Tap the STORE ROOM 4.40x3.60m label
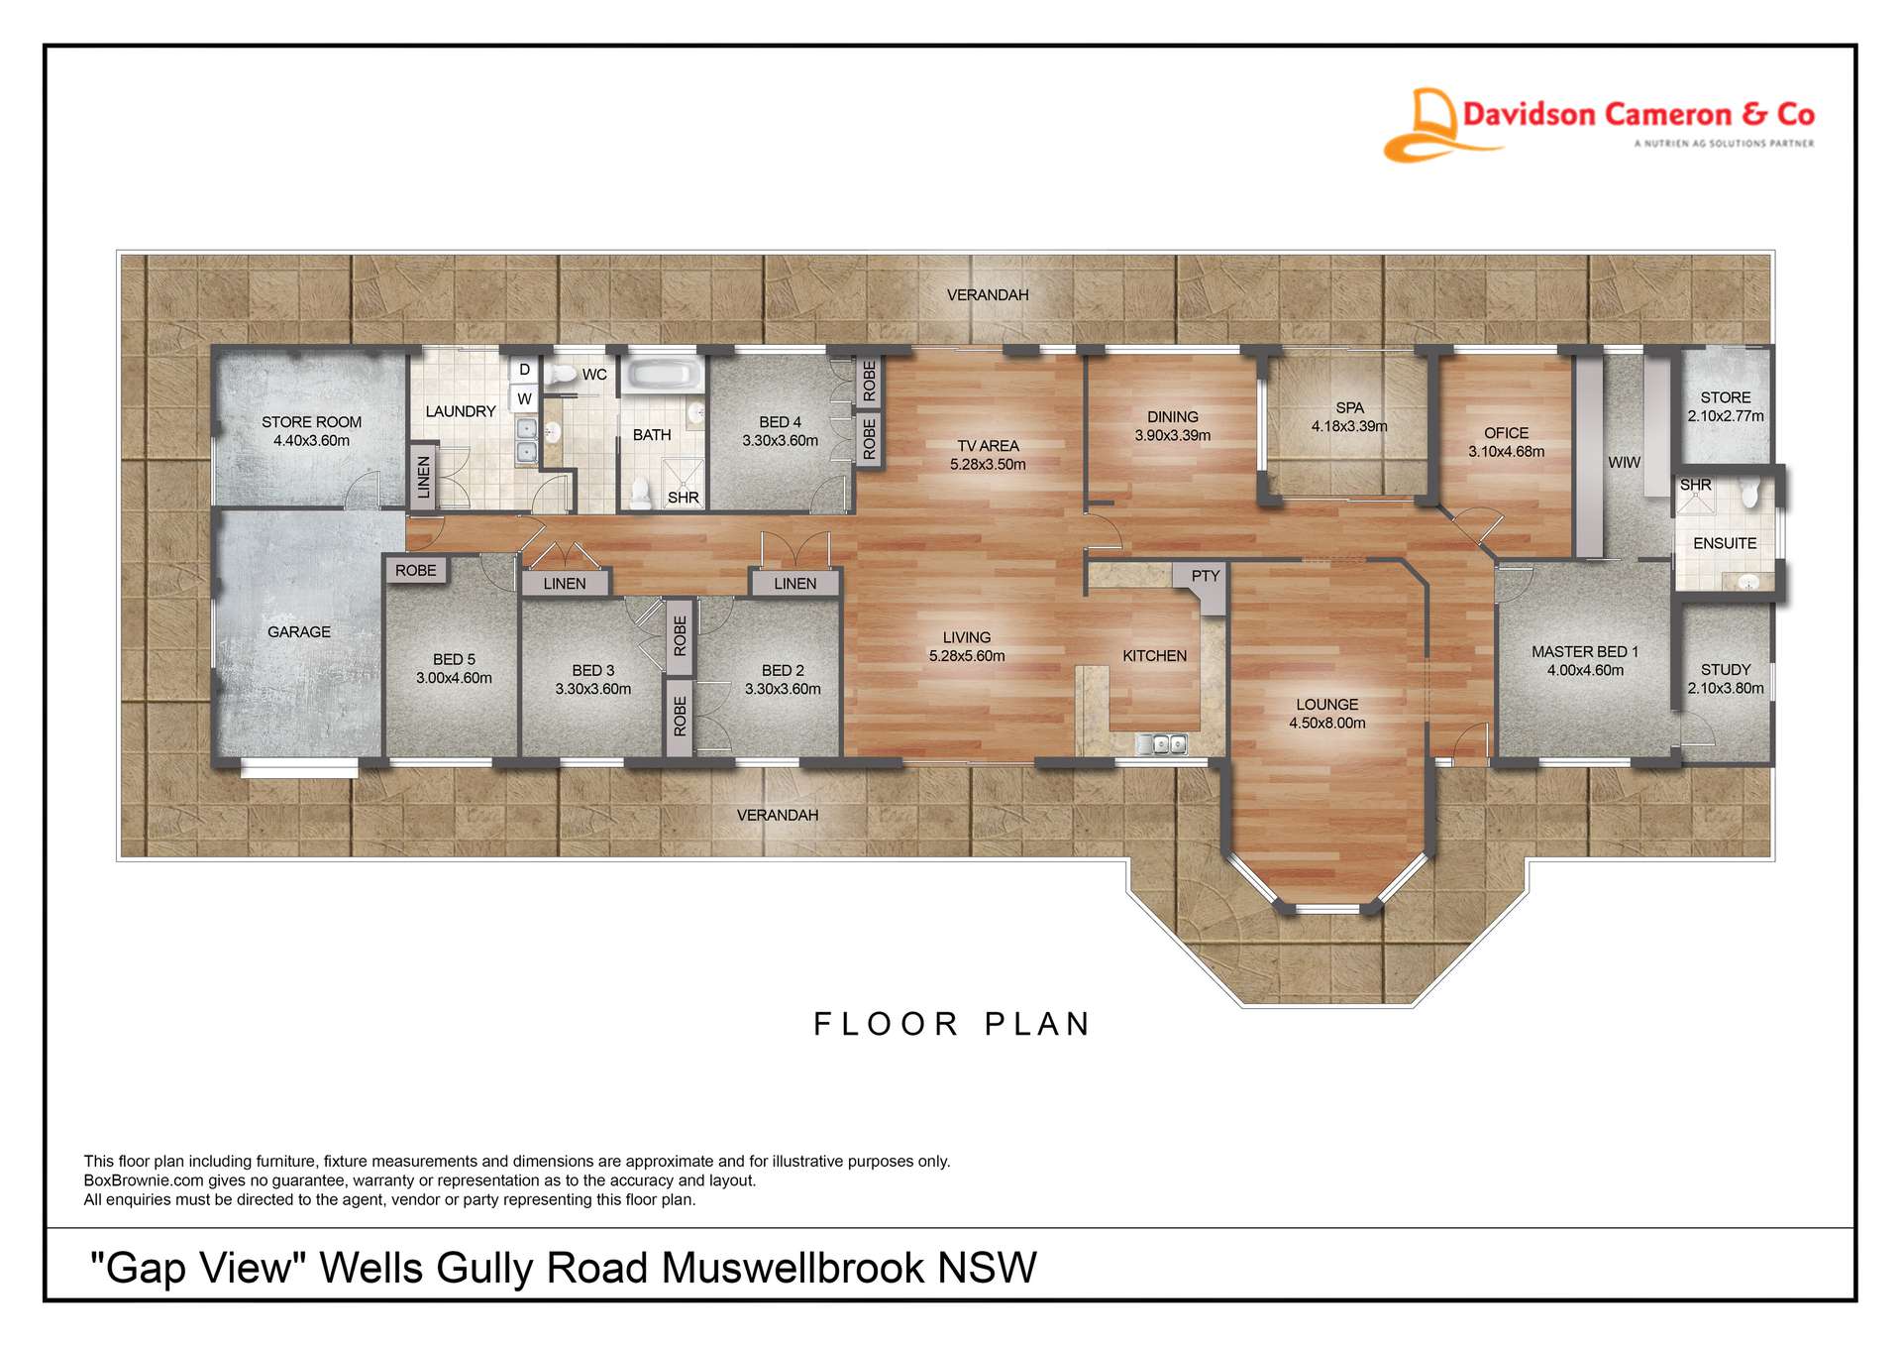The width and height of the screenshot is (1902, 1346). [311, 431]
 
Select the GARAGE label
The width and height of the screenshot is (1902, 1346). [298, 631]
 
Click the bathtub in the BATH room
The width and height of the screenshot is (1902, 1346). [663, 375]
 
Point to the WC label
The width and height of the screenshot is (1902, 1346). [594, 375]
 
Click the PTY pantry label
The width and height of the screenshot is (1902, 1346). [1205, 576]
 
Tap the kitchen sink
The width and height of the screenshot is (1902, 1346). [1161, 743]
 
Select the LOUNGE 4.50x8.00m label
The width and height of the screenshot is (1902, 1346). [1326, 714]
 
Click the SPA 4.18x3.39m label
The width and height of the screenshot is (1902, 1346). [1349, 417]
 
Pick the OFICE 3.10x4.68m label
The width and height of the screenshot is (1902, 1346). [1506, 442]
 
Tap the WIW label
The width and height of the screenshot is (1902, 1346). [1624, 463]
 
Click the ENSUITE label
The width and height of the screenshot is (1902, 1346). [1725, 543]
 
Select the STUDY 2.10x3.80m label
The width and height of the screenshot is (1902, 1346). [1726, 679]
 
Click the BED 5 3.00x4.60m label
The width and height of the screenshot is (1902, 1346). [454, 668]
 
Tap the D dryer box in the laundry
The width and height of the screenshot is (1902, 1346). [524, 370]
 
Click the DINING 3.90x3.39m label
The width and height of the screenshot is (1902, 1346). [1173, 426]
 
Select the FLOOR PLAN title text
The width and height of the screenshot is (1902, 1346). [952, 1024]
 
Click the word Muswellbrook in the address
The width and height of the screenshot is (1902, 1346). [792, 1268]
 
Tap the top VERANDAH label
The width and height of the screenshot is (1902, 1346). [988, 295]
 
